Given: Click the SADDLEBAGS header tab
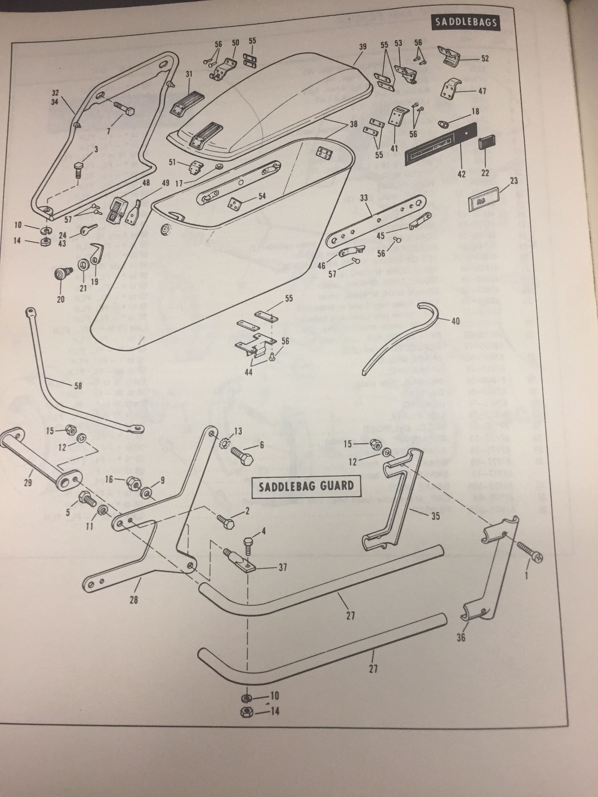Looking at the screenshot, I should tap(465, 22).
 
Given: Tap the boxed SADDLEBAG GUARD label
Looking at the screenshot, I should tap(305, 486).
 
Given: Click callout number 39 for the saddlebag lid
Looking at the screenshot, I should tap(362, 47).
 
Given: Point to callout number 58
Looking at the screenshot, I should tap(78, 386).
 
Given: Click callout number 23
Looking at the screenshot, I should tap(514, 181).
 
